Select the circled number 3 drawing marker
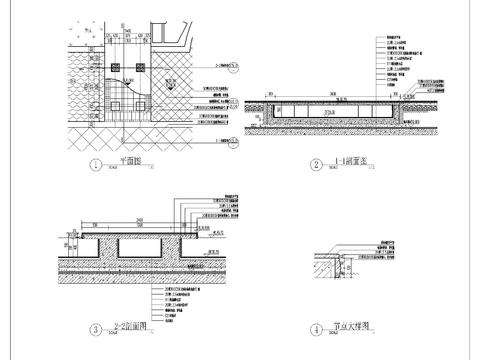pos(95,327)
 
